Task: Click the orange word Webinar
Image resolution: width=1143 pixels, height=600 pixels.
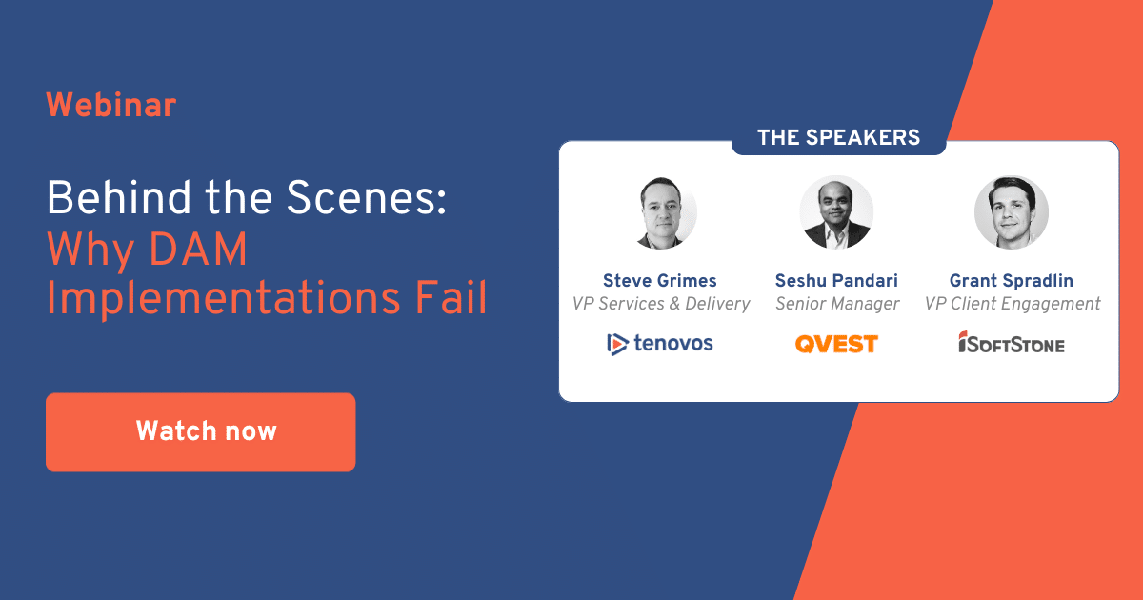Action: pos(111,105)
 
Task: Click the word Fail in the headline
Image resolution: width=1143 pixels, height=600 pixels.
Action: pos(451,298)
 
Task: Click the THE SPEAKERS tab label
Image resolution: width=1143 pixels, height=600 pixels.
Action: pos(838,138)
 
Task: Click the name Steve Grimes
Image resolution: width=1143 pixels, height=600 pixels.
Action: pos(660,281)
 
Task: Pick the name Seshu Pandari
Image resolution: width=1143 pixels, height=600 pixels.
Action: pos(836,281)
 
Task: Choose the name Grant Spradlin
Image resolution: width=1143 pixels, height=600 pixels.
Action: pos(1013,281)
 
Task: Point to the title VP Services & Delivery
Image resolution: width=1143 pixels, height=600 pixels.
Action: pos(661,304)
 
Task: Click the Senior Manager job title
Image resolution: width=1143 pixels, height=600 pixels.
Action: pos(837,304)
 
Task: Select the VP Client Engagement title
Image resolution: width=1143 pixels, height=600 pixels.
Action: pos(1013,304)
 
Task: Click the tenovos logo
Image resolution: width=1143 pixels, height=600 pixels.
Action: pos(660,343)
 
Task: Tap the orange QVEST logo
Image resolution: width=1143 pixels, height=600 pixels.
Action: pos(836,344)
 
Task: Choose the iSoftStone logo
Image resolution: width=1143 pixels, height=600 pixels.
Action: pos(1012,344)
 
